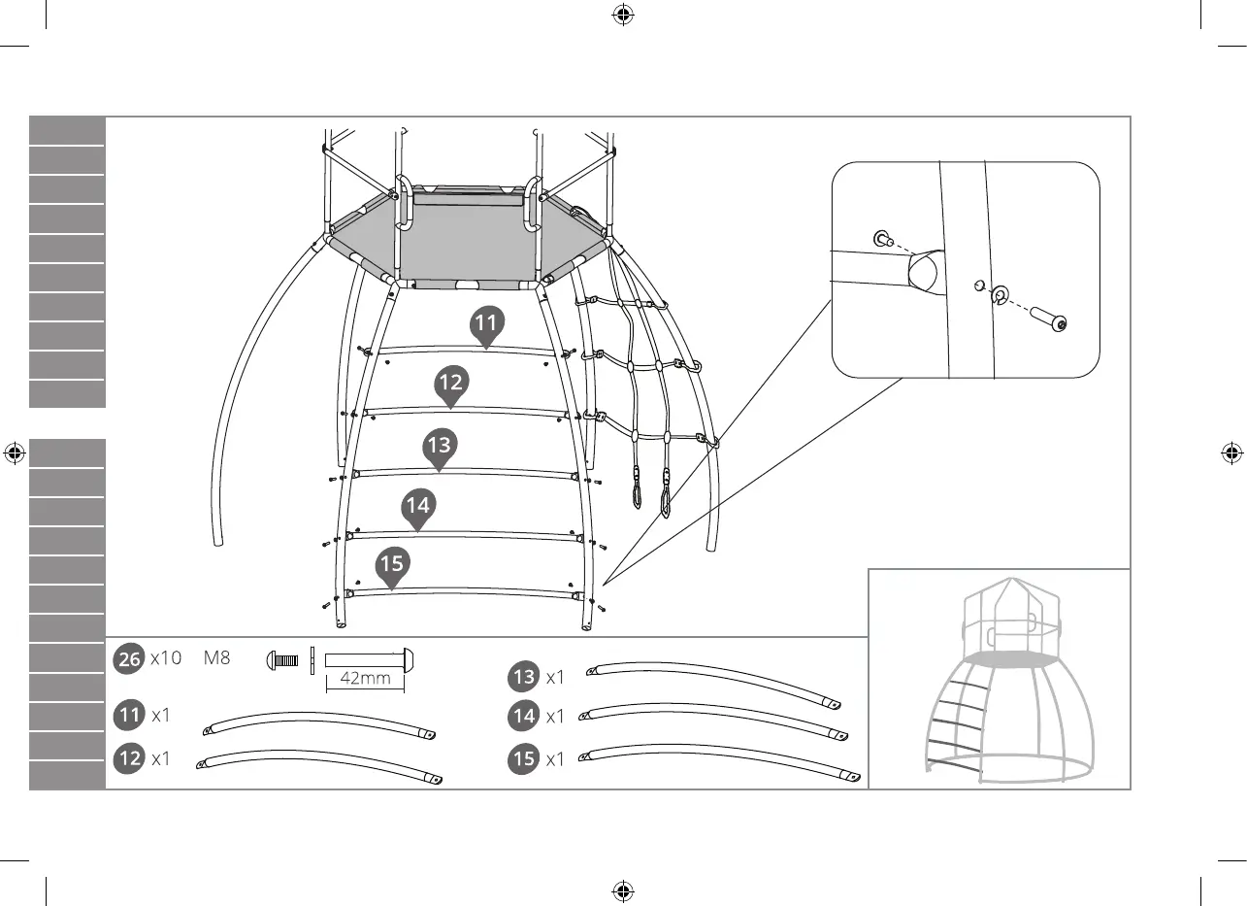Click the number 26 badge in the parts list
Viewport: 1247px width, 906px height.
coord(129,658)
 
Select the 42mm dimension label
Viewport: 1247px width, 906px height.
coord(365,679)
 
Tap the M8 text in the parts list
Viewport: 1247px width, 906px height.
coord(217,657)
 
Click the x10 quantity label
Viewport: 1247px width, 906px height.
coord(166,657)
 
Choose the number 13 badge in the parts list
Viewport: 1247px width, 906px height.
coord(524,676)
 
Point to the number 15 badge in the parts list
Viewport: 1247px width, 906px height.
coord(524,758)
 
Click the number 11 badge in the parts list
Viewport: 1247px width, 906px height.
coord(129,716)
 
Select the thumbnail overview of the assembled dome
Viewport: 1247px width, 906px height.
coord(999,679)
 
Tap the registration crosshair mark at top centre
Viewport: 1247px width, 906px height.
coord(623,15)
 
